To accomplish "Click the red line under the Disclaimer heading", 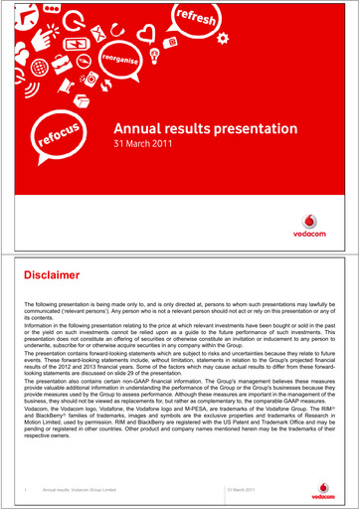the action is click(180, 290).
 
